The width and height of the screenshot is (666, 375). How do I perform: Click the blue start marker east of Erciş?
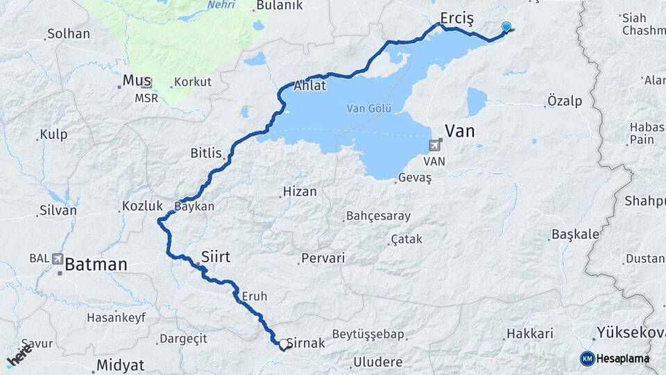(506, 27)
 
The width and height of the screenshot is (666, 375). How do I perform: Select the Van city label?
(459, 131)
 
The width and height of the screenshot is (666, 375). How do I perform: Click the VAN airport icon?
(435, 145)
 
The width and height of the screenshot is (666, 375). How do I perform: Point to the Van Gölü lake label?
(370, 108)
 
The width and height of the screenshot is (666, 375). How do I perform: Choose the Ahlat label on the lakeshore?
(310, 86)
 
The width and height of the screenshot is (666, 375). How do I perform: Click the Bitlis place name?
(205, 153)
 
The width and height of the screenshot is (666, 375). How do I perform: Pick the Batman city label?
(96, 265)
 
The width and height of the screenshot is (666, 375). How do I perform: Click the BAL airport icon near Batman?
(57, 258)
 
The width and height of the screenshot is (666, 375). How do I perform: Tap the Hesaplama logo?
(615, 358)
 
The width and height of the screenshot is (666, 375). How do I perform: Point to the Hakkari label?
(529, 334)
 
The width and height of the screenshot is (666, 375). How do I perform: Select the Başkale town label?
(575, 234)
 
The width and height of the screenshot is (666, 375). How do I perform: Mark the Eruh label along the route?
(255, 296)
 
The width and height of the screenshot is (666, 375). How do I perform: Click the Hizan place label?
(300, 192)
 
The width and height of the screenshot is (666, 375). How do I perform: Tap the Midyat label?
(120, 365)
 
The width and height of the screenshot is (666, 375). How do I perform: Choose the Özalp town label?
(565, 101)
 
